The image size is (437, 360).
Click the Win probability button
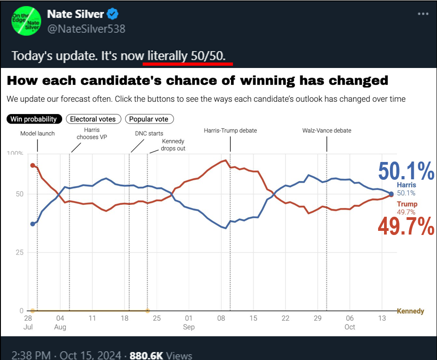coord(34,119)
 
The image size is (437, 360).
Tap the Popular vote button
coord(149,119)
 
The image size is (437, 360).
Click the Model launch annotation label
coord(37,133)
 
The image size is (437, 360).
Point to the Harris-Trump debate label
coord(230,130)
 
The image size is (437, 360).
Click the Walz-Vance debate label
coord(326,130)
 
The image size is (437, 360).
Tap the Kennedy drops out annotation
coord(173,145)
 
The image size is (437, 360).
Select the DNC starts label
coord(149,133)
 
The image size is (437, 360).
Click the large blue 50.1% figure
coord(406,172)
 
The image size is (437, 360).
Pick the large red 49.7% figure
coord(406,227)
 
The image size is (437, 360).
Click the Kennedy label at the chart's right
coord(411,311)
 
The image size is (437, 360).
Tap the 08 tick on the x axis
coord(221,318)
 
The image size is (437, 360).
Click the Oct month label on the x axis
coord(349,327)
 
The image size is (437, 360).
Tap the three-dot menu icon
coord(423,14)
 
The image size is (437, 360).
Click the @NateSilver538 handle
coord(86,29)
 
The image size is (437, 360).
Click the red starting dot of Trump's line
coord(32,165)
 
